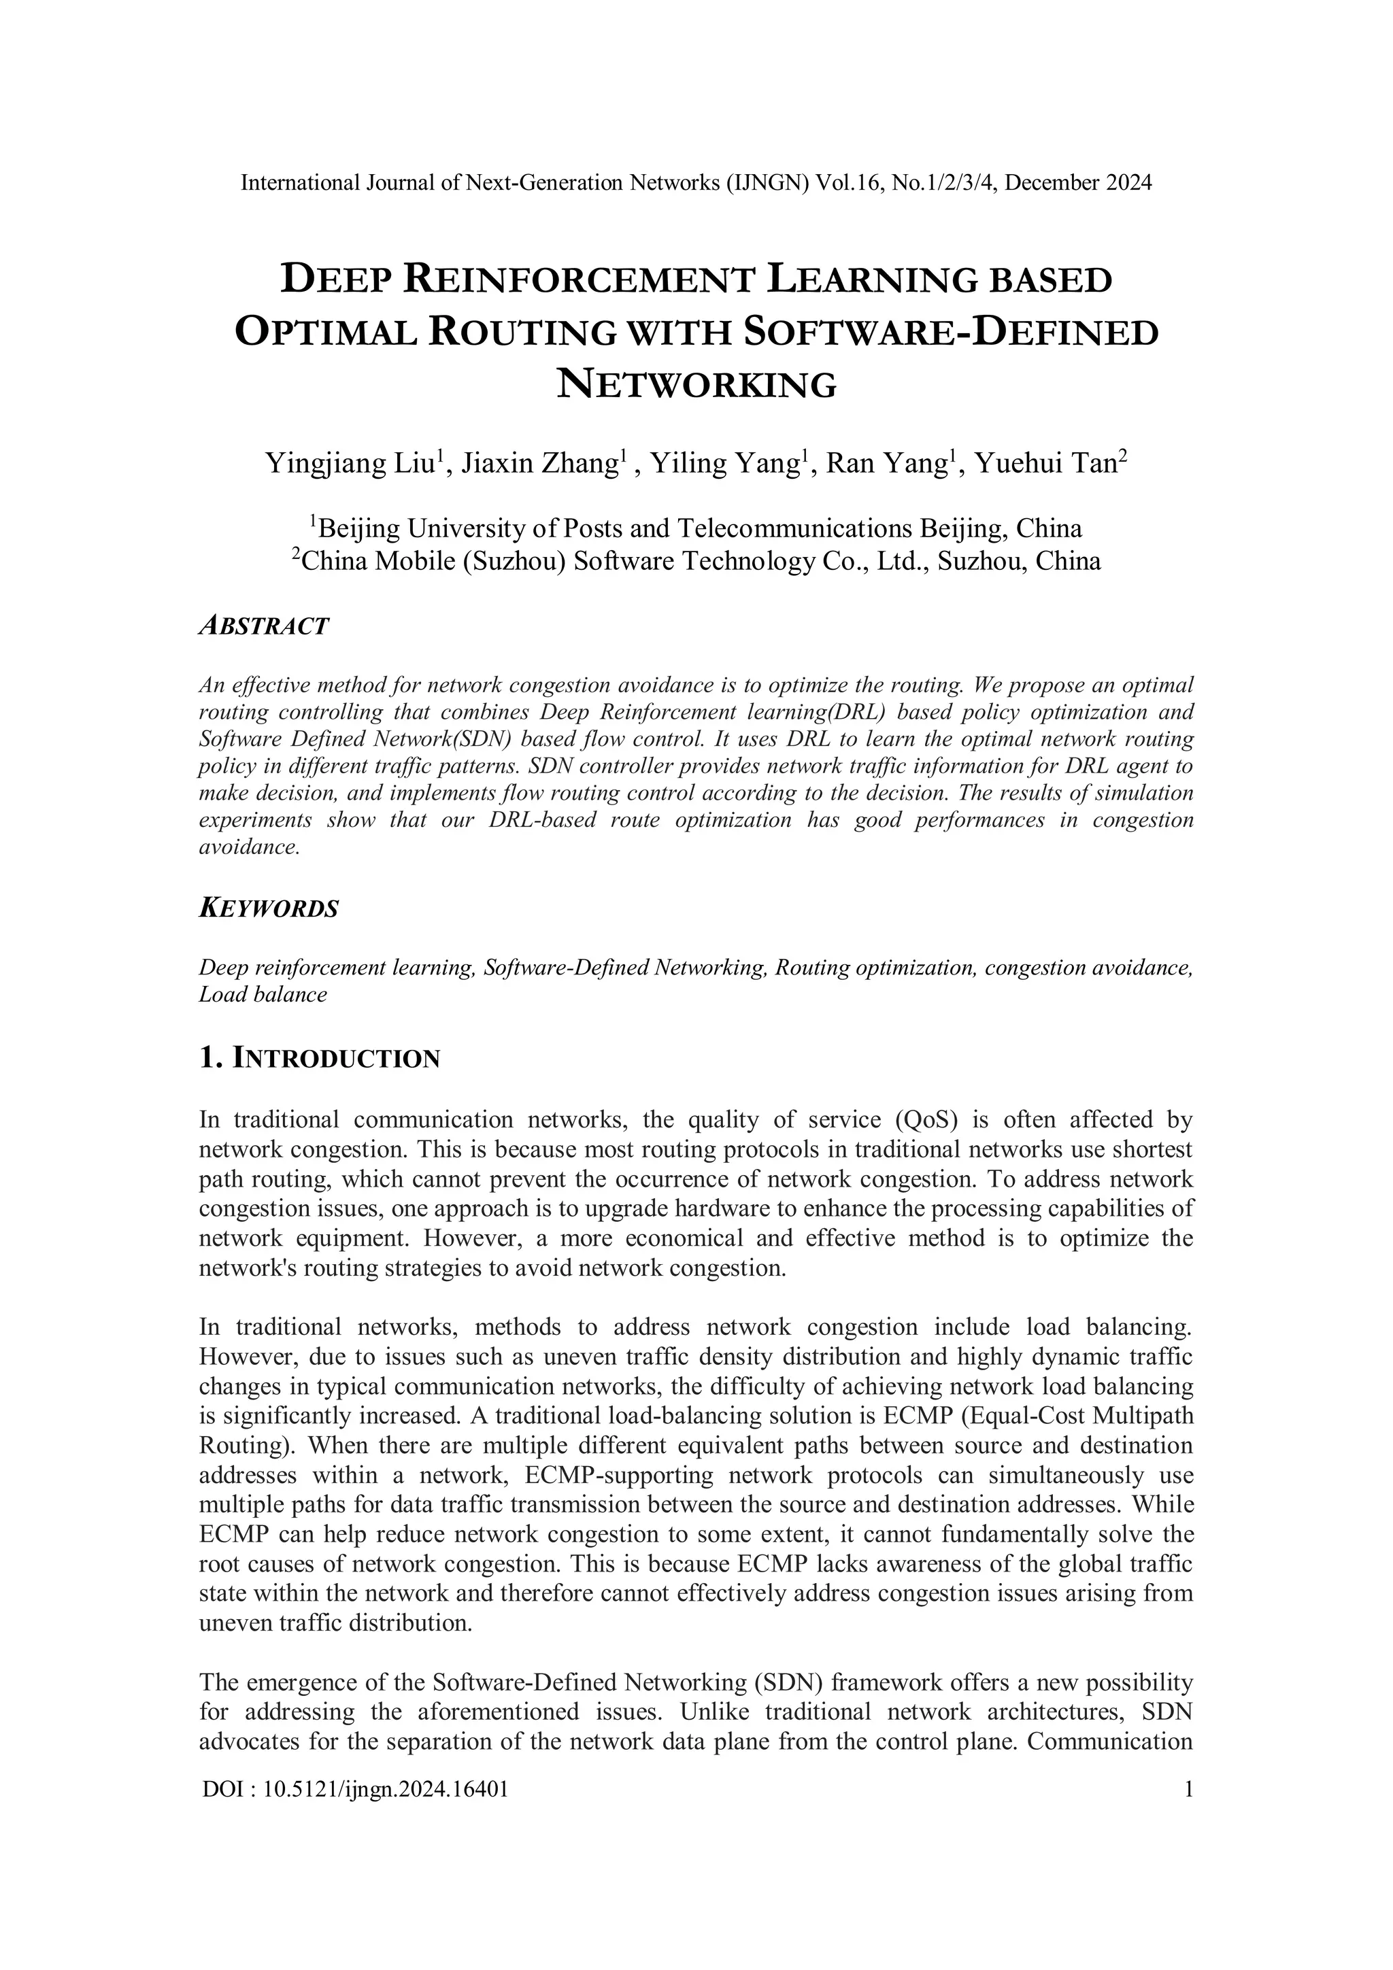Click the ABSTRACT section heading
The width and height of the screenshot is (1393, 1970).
263,626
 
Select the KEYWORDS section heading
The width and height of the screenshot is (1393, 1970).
269,908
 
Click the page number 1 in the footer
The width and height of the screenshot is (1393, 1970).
1188,1789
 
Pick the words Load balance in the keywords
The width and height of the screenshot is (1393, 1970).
263,996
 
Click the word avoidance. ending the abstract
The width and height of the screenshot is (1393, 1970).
249,848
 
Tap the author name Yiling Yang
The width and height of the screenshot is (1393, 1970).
728,464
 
